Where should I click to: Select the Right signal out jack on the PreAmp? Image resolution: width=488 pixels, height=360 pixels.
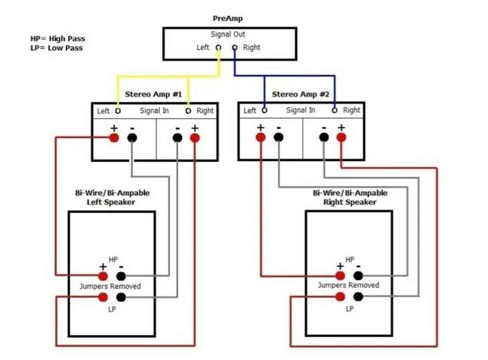pos(235,48)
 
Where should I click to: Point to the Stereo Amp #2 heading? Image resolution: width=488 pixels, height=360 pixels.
pos(300,95)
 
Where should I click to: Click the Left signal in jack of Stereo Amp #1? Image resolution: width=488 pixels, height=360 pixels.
pos(118,111)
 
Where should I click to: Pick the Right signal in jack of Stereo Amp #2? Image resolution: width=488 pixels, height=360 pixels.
pos(335,111)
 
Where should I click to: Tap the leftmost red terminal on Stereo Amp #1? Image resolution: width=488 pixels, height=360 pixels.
pos(114,137)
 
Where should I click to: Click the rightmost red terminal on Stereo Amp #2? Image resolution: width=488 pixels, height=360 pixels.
pos(341,137)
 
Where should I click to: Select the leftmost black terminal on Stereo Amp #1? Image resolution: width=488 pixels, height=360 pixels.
pos(132,137)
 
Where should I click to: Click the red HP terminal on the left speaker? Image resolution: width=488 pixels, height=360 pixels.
pos(102,275)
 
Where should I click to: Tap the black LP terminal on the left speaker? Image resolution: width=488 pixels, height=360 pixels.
pos(121,297)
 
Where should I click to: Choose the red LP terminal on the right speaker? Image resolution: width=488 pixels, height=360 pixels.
pos(340,297)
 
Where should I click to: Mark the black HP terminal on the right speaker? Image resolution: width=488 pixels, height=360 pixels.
pos(358,275)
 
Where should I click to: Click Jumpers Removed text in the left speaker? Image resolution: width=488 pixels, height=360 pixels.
pos(110,286)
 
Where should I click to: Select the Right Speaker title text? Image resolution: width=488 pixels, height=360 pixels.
pos(350,201)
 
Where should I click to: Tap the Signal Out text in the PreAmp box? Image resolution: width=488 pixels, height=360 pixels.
pos(228,35)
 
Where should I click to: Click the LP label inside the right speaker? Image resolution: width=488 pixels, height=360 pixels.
pos(350,309)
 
